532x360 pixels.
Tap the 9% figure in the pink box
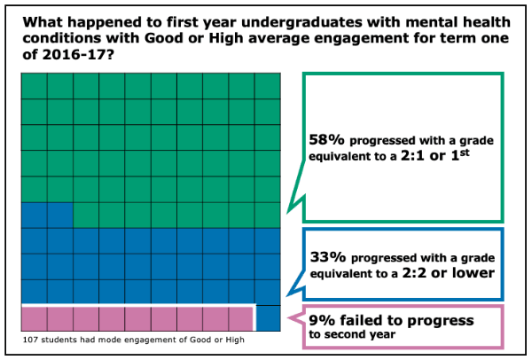pos(319,320)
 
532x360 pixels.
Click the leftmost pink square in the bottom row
pos(33,318)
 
